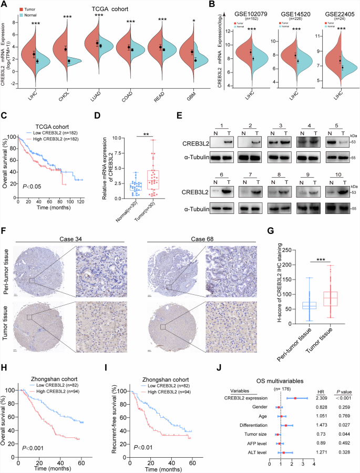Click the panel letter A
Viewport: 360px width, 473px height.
(5, 5)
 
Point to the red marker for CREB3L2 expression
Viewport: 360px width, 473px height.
(296, 398)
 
